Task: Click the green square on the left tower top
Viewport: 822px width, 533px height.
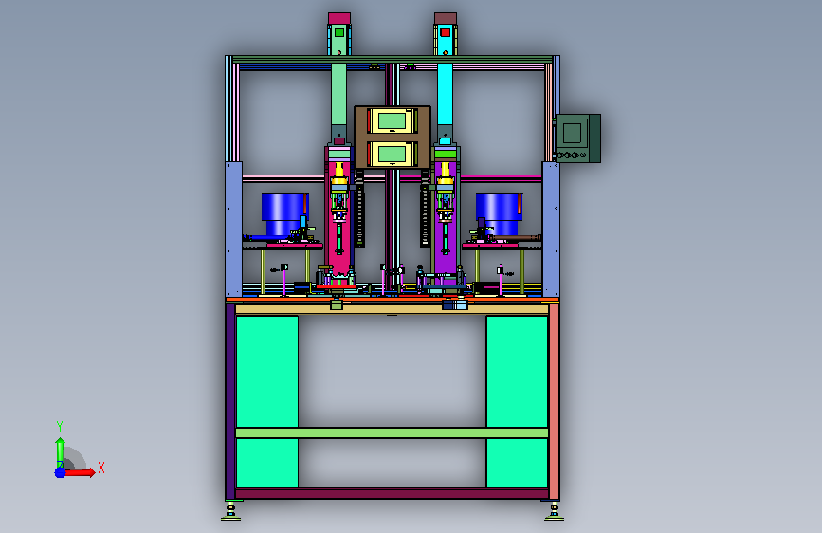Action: pyautogui.click(x=339, y=32)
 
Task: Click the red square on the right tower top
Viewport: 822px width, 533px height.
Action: pyautogui.click(x=445, y=32)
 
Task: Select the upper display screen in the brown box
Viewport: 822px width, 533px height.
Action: pyautogui.click(x=392, y=121)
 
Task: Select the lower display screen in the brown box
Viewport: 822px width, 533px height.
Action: pyautogui.click(x=392, y=154)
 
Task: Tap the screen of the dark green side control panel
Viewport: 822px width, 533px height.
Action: pyautogui.click(x=572, y=133)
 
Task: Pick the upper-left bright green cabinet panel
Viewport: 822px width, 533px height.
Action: pyautogui.click(x=267, y=372)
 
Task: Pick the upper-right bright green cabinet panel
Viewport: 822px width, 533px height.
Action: pyautogui.click(x=517, y=372)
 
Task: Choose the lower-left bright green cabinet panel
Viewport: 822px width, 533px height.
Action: pyautogui.click(x=267, y=463)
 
